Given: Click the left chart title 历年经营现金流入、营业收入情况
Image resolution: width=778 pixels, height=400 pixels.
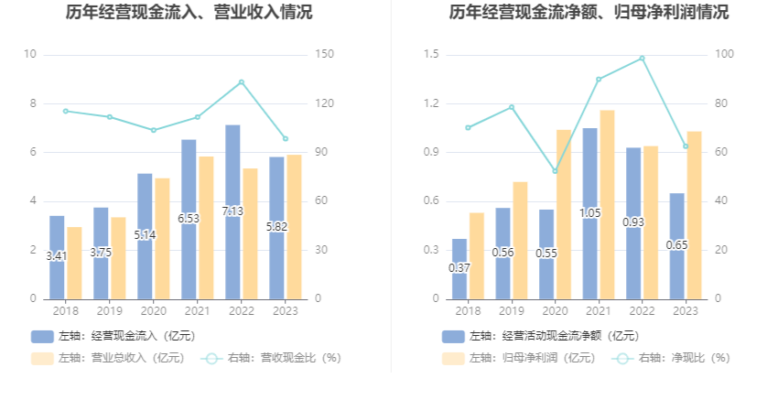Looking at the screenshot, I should click(x=189, y=13).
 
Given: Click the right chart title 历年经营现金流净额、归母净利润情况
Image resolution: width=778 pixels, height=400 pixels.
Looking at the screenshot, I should click(x=589, y=13).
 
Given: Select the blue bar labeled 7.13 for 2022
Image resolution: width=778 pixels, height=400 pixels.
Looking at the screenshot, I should click(x=232, y=211).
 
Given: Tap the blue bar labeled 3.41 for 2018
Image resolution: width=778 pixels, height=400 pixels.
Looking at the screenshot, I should click(x=57, y=257).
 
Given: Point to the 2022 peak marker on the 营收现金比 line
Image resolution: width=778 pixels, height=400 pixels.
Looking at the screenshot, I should click(x=242, y=82).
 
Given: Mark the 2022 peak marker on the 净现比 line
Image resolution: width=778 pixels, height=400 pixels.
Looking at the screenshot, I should click(x=643, y=59).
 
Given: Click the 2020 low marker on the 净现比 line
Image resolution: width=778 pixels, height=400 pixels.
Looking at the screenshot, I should click(x=555, y=171).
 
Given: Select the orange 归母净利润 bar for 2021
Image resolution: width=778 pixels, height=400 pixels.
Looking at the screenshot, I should click(x=608, y=204).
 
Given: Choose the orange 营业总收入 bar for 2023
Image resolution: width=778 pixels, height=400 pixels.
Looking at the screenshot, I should click(x=294, y=226).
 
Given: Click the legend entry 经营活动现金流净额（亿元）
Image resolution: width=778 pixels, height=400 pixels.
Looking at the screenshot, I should click(x=539, y=336).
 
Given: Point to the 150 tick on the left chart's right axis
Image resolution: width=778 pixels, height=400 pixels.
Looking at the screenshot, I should click(x=321, y=55).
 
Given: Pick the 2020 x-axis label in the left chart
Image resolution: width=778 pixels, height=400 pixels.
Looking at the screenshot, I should click(x=153, y=311).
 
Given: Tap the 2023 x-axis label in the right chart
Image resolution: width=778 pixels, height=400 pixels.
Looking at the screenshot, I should click(x=686, y=311).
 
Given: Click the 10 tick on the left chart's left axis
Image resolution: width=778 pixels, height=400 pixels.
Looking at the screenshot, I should click(x=30, y=55).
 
